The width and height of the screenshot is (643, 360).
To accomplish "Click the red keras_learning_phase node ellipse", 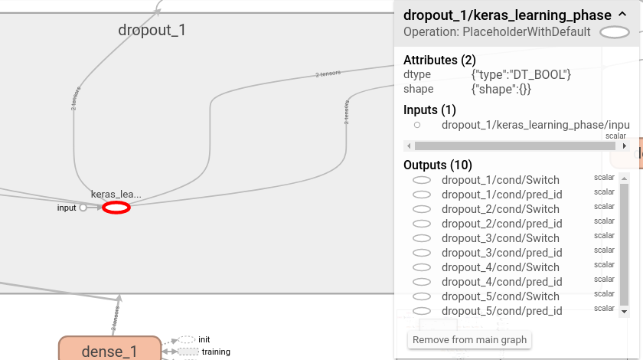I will point(116,208).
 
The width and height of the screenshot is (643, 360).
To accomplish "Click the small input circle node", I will point(83,208).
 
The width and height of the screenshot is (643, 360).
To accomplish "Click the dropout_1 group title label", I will point(152,31).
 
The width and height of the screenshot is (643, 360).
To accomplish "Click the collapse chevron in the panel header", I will point(622,15).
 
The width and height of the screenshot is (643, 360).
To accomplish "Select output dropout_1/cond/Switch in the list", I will point(500,180).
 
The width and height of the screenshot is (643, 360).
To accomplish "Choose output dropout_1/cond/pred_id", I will point(501,195).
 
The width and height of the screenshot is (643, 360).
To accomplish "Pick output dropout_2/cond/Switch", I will point(500,209).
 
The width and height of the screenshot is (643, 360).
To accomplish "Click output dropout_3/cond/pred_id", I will point(501,253).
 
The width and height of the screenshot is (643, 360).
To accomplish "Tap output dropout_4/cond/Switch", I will point(500,267).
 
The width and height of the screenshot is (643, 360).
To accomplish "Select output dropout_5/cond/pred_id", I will point(501,311).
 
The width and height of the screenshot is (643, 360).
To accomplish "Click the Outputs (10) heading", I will point(438,165).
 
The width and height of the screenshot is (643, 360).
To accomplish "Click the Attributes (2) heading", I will point(439,60).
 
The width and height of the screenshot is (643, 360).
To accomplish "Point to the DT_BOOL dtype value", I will point(521,74).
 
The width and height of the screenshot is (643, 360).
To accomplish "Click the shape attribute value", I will point(501,89).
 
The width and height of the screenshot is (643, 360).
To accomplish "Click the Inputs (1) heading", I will point(429,110).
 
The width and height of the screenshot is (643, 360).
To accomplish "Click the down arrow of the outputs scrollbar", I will point(624,312).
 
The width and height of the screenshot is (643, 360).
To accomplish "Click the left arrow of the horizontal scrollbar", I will point(409,146).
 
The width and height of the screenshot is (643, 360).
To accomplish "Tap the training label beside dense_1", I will point(216,352).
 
